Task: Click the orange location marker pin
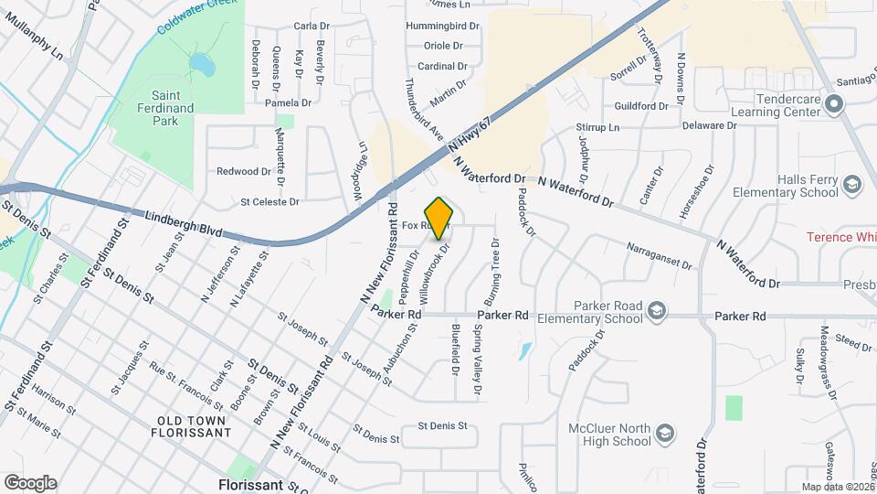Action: pyautogui.click(x=439, y=217)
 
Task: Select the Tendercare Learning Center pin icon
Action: pyautogui.click(x=832, y=105)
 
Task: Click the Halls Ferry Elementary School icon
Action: pyautogui.click(x=852, y=186)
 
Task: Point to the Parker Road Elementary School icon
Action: pyautogui.click(x=656, y=313)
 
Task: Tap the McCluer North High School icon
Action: pyautogui.click(x=666, y=430)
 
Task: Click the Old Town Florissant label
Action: pyautogui.click(x=193, y=425)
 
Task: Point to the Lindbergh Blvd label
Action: pyautogui.click(x=184, y=225)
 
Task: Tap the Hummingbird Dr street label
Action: pyautogui.click(x=442, y=27)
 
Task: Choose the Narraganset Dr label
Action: pyautogui.click(x=660, y=256)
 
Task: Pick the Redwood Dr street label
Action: pyautogui.click(x=244, y=171)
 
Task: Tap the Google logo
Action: pyautogui.click(x=30, y=482)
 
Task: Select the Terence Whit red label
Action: pyautogui.click(x=840, y=237)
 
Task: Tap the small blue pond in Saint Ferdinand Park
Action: pyautogui.click(x=200, y=65)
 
